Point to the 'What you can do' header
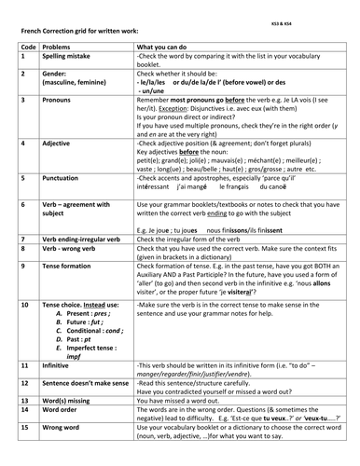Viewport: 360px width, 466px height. point(165,46)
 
